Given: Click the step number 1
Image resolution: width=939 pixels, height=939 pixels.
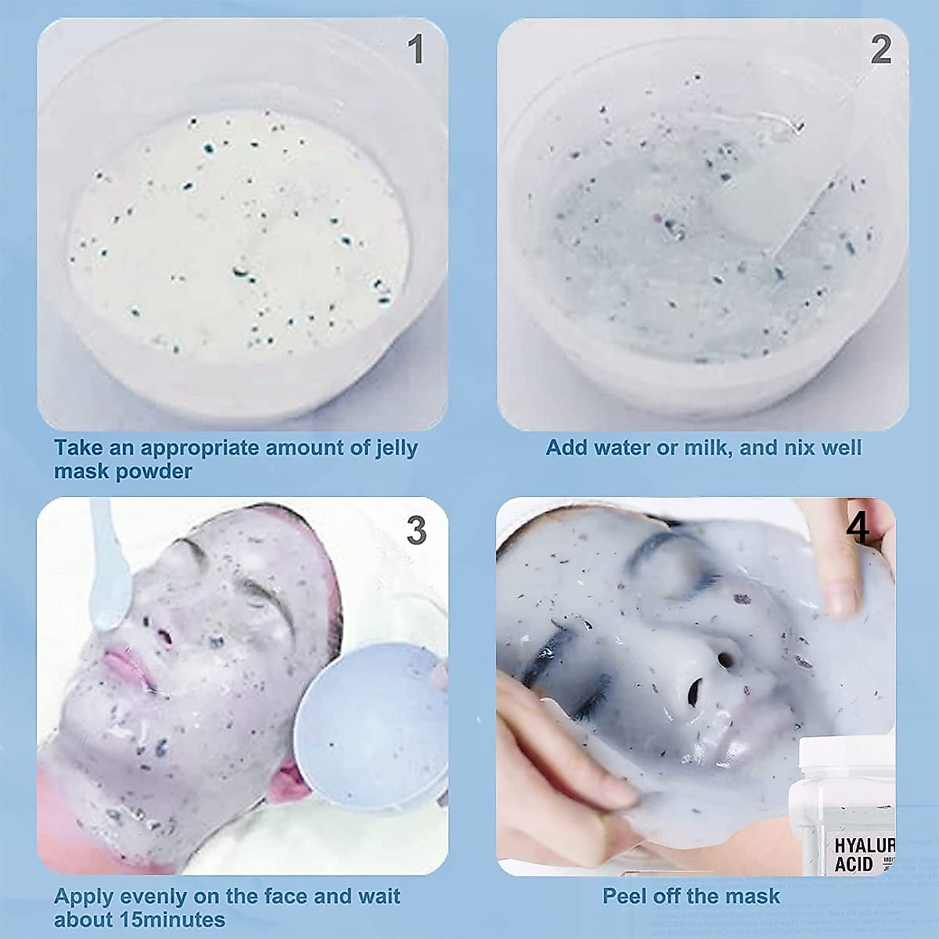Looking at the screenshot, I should [416, 50].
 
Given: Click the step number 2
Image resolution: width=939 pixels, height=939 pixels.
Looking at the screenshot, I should [880, 50].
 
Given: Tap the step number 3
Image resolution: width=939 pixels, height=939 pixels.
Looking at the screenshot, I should [416, 532].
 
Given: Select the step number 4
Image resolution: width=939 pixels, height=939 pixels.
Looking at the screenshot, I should [858, 529].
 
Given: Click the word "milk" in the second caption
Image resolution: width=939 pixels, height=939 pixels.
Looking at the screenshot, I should [703, 448].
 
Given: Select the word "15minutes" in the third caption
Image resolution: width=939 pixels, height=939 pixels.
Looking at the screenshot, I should [173, 919].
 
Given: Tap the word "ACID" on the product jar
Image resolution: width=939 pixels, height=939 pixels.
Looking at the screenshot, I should [853, 864].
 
